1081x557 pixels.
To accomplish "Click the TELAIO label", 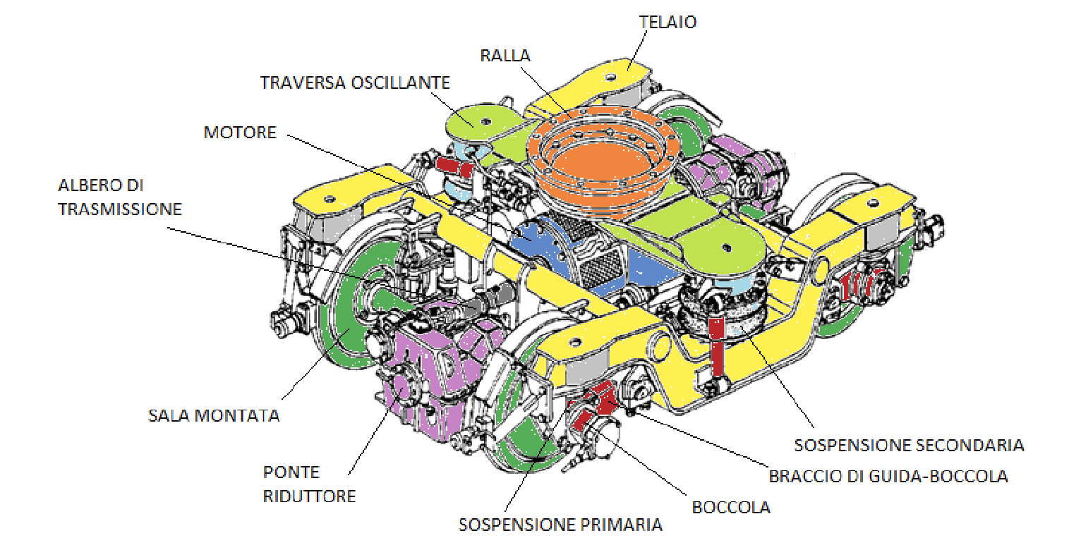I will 668,22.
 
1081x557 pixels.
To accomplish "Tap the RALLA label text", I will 505,56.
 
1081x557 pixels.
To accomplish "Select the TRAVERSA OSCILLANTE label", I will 355,82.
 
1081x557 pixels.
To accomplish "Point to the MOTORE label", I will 240,133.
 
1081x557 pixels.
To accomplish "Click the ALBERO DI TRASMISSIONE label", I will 119,197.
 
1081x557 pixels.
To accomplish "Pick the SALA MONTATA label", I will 213,415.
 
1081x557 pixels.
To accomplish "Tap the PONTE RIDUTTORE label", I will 309,484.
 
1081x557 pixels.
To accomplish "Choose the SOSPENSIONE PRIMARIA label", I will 560,525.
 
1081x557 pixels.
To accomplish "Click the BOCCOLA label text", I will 730,508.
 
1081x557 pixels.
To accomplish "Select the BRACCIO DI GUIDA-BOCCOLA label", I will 888,477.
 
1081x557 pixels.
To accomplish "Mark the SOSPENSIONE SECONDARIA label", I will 908,446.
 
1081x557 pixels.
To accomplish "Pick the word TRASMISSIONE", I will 119,209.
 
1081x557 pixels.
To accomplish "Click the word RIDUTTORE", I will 309,496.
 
